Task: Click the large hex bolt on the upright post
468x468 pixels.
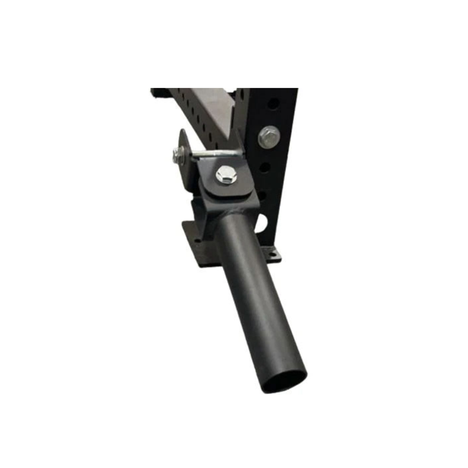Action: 268,137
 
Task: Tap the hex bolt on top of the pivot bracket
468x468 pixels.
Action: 227,174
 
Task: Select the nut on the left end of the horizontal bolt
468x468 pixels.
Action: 178,156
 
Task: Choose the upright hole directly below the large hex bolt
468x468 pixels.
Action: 264,166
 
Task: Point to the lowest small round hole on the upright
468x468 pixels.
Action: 261,195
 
